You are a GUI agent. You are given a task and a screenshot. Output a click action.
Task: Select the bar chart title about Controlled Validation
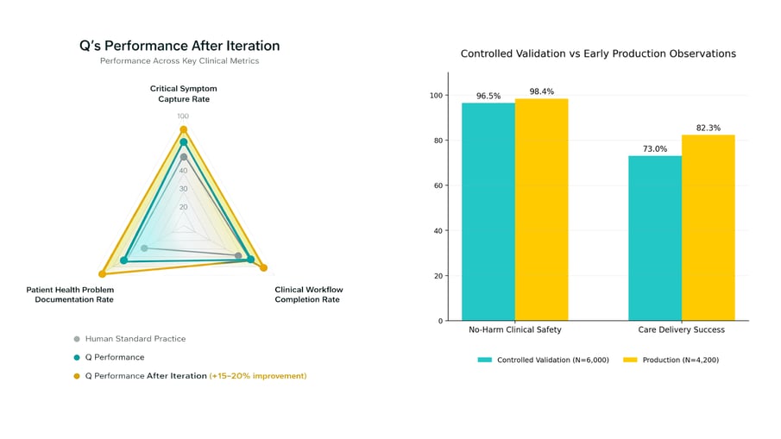click(x=598, y=53)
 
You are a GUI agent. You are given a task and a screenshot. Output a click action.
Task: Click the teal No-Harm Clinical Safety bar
click(x=488, y=211)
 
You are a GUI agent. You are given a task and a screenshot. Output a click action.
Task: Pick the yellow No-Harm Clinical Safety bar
click(x=541, y=210)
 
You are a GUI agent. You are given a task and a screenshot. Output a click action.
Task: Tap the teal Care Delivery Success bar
click(x=655, y=238)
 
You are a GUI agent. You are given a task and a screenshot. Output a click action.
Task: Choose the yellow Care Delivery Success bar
click(x=709, y=228)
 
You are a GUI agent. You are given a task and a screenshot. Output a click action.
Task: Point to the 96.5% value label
click(x=488, y=96)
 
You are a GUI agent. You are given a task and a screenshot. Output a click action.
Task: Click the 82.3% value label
click(x=709, y=128)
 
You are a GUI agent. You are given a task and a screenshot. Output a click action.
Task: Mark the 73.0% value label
click(x=655, y=149)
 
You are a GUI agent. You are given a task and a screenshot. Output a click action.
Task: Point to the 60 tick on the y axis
click(x=439, y=185)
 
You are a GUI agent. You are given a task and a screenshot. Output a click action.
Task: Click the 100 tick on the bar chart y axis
click(x=437, y=95)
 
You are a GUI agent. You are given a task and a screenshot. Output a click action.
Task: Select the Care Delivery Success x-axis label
click(x=681, y=329)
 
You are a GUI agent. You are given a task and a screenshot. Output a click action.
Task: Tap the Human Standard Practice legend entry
click(x=135, y=339)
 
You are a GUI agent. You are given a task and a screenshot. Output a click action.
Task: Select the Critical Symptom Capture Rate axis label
click(x=183, y=94)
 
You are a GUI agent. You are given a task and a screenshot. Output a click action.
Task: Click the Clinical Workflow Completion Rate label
click(x=308, y=294)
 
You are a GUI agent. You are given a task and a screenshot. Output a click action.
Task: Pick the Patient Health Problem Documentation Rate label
click(x=70, y=294)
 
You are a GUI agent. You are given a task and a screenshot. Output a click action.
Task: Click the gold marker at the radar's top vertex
click(x=183, y=129)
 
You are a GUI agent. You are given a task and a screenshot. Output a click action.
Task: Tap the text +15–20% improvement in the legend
click(x=258, y=376)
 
